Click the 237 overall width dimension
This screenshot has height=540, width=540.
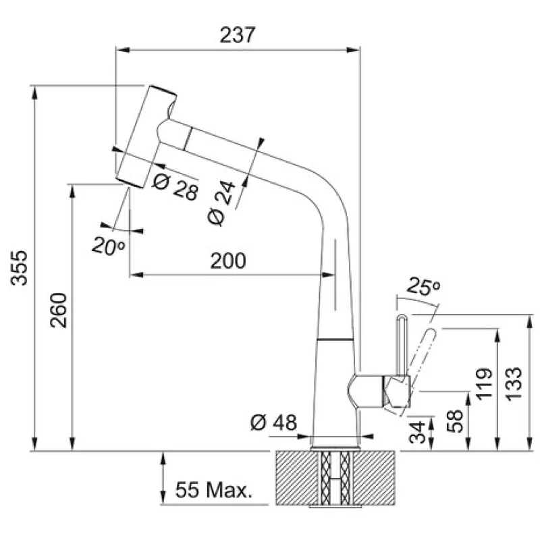[238, 35]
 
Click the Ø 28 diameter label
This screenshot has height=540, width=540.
[175, 186]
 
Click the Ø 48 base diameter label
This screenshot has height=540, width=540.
[273, 423]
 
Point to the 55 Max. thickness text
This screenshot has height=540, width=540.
[213, 489]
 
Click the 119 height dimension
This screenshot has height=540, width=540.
[482, 385]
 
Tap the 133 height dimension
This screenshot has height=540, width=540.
[514, 383]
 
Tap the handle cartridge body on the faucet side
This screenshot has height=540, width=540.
[368, 391]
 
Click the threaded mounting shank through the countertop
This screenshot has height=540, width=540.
[335, 477]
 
